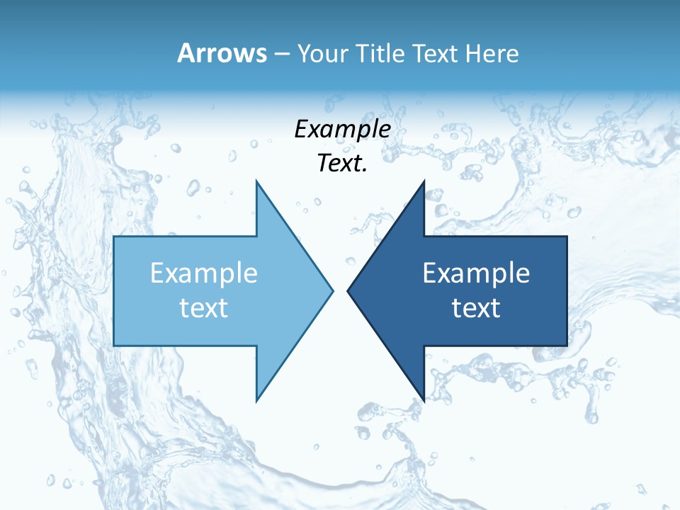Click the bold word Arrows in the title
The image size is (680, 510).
click(x=222, y=53)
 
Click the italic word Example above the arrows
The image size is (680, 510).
click(x=343, y=130)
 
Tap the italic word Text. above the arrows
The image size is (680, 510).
click(x=343, y=163)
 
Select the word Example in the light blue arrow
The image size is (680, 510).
click(x=204, y=273)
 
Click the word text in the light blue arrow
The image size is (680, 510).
click(x=204, y=307)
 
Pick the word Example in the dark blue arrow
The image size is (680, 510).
click(x=476, y=273)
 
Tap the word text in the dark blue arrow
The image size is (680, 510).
click(x=476, y=307)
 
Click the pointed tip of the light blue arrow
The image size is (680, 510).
click(x=332, y=290)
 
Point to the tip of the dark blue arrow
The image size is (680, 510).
click(x=348, y=290)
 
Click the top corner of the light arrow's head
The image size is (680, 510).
click(x=256, y=181)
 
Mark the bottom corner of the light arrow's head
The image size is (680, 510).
click(x=256, y=400)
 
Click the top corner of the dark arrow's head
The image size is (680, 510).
click(x=424, y=181)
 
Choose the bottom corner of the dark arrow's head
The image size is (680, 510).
click(x=424, y=400)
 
